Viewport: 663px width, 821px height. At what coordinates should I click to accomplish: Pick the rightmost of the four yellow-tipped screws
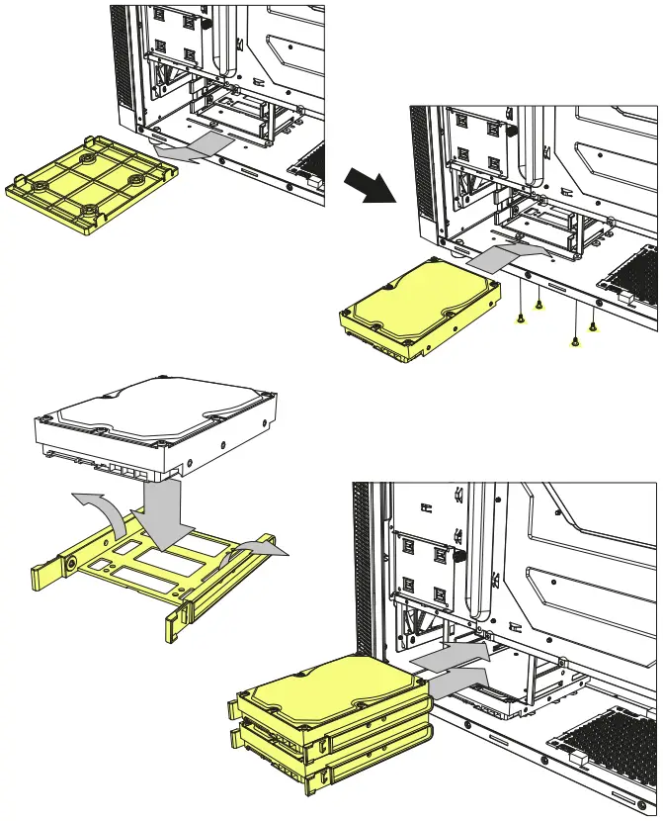(x=593, y=326)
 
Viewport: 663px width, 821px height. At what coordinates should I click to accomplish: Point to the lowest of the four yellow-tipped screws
(x=575, y=342)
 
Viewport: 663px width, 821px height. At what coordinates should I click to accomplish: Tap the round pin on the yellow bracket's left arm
(x=72, y=567)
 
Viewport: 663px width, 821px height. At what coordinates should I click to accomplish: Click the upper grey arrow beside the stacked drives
(x=449, y=654)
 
